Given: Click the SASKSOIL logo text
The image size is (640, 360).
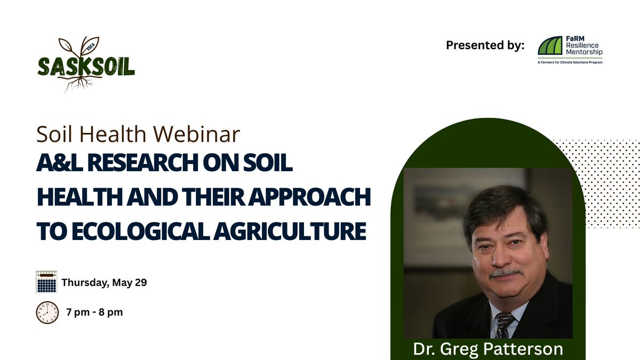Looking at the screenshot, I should click(86, 66).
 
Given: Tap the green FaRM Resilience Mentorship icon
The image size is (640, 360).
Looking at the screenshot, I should click(550, 46).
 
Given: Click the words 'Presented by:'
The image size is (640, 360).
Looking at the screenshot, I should click(485, 45).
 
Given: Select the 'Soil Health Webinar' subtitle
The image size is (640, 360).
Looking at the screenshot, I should click(138, 134).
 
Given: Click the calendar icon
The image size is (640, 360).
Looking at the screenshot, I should click(46, 282).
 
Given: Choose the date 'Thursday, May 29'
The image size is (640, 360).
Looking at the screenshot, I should click(104, 283).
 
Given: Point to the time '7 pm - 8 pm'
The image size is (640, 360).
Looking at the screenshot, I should click(94, 312).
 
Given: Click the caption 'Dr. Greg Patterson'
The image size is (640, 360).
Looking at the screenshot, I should click(488, 349).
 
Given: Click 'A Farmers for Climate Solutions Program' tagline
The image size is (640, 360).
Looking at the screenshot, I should click(570, 62).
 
